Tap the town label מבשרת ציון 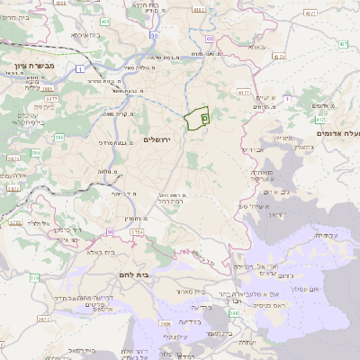point(36,67)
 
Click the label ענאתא point(258,45)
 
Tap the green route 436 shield point(104,20)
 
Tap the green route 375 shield point(32,276)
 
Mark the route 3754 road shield point(137,232)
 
